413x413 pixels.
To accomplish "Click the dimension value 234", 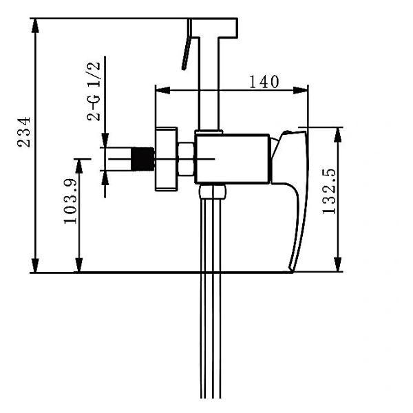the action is [23, 132].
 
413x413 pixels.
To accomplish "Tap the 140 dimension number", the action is [264, 82].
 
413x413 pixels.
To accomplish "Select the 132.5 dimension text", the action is [329, 191].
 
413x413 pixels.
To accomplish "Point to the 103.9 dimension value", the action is [70, 201].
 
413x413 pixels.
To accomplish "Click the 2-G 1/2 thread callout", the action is [94, 92].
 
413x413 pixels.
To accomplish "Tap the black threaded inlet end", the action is [142, 159].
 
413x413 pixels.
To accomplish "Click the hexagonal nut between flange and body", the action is [187, 159].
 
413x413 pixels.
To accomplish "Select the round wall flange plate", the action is [166, 159].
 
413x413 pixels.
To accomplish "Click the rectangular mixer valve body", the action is [233, 159].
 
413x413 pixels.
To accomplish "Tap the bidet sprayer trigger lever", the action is [187, 44].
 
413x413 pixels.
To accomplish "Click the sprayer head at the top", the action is [214, 28].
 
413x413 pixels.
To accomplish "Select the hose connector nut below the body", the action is [212, 191].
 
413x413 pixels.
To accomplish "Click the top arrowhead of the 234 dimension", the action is [35, 25].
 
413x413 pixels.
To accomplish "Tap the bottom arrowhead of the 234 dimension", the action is [35, 265].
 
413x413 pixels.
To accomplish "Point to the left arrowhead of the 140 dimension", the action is [162, 90].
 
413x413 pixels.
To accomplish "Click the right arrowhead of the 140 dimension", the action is [301, 90].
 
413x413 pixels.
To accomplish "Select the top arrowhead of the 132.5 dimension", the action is [338, 135].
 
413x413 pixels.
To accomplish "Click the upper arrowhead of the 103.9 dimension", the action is [79, 166].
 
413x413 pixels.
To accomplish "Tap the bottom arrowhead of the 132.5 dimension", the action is [338, 264].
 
